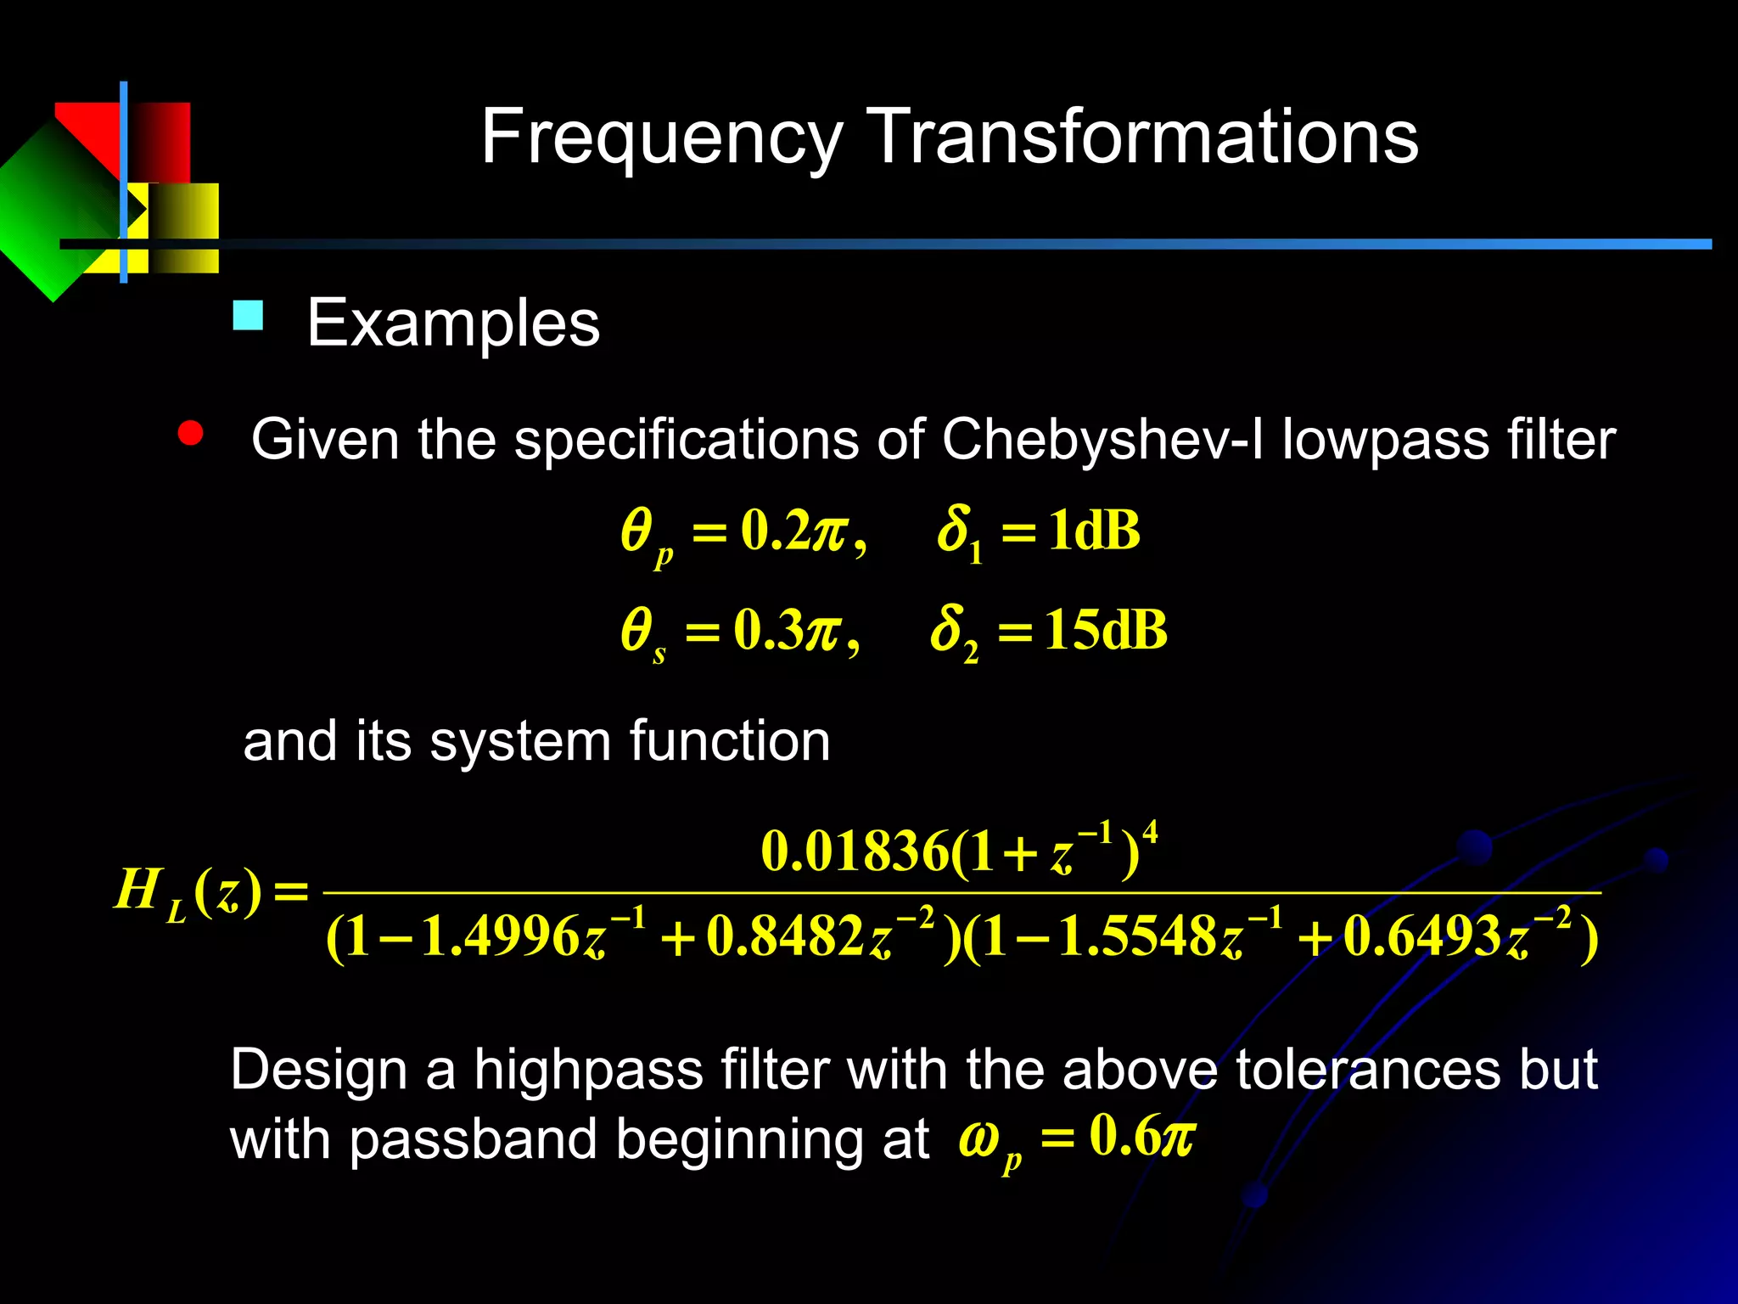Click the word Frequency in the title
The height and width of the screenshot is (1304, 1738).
click(662, 138)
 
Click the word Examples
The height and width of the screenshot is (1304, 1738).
click(453, 323)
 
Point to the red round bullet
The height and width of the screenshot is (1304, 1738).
click(191, 434)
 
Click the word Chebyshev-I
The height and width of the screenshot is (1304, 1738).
click(1102, 440)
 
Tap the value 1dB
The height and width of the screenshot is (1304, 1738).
click(1094, 531)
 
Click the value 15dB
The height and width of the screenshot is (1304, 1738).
click(1106, 631)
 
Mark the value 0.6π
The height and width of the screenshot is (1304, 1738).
click(1142, 1136)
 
